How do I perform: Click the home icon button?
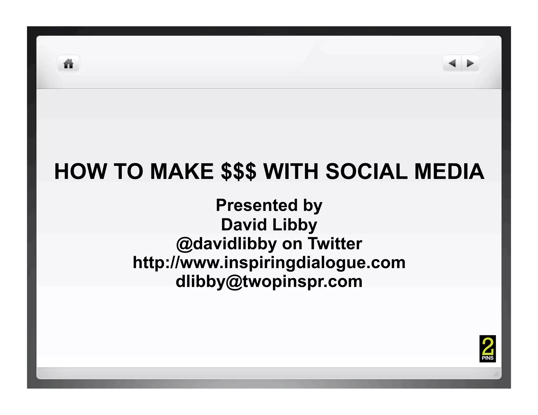(68, 63)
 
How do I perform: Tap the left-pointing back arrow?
(452, 63)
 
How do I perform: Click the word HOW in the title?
(80, 172)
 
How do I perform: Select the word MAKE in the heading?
(182, 172)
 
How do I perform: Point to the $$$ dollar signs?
(238, 172)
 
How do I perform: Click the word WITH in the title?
(291, 172)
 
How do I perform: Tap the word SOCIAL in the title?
(366, 172)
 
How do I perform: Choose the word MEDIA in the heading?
(449, 172)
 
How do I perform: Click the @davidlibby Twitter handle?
(226, 244)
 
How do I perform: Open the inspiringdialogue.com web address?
(269, 263)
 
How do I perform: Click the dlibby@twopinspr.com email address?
(269, 282)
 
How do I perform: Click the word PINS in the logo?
(488, 358)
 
